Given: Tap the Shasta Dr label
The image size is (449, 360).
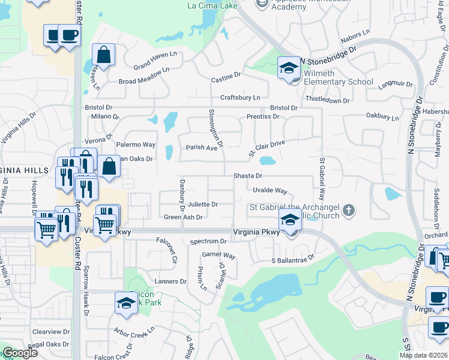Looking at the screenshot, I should pyautogui.click(x=249, y=176).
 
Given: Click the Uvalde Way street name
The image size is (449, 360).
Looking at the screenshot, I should pyautogui.click(x=270, y=190).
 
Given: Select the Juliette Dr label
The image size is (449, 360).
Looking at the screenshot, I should pyautogui.click(x=202, y=205).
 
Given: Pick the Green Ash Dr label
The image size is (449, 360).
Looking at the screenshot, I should pyautogui.click(x=183, y=218).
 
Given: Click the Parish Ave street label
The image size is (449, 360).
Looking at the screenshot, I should pyautogui.click(x=201, y=148).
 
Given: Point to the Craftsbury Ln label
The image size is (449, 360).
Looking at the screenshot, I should pyautogui.click(x=240, y=98).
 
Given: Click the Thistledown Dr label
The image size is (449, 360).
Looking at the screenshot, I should pyautogui.click(x=327, y=100).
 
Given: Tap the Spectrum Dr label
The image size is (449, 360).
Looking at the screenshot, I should pyautogui.click(x=207, y=241).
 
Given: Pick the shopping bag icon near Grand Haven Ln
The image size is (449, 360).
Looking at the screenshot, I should pyautogui.click(x=104, y=55).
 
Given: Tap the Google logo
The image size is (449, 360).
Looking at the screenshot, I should pyautogui.click(x=20, y=353).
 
